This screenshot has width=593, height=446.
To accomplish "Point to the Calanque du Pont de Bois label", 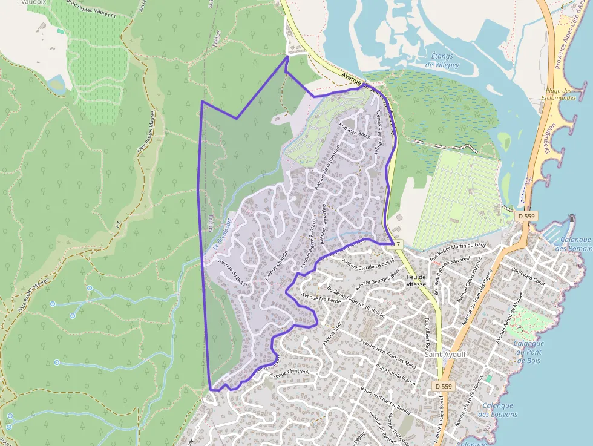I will [x=528, y=352].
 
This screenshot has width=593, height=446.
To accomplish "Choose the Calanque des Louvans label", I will [x=497, y=410].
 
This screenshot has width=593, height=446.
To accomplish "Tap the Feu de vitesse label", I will [x=417, y=280].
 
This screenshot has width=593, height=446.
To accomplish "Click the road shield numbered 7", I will [x=399, y=244].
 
